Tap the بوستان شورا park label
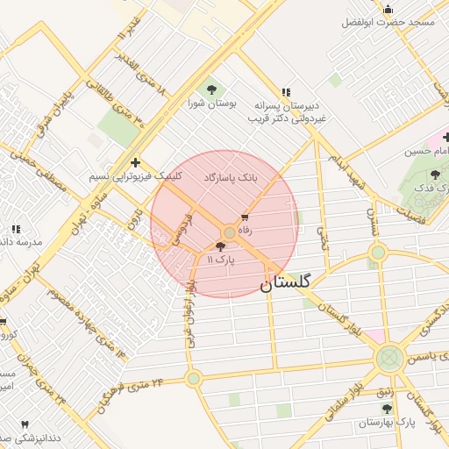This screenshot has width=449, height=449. coord(210,103)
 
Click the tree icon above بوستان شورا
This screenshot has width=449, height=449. coord(210,89)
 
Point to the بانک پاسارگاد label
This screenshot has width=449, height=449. coord(231,177)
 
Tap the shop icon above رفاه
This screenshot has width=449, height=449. coord(245,217)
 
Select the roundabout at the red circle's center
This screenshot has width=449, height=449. coord(230,232)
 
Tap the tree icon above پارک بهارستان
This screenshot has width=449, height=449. coord(386,409)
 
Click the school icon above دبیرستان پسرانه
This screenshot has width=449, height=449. coord(286,92)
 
